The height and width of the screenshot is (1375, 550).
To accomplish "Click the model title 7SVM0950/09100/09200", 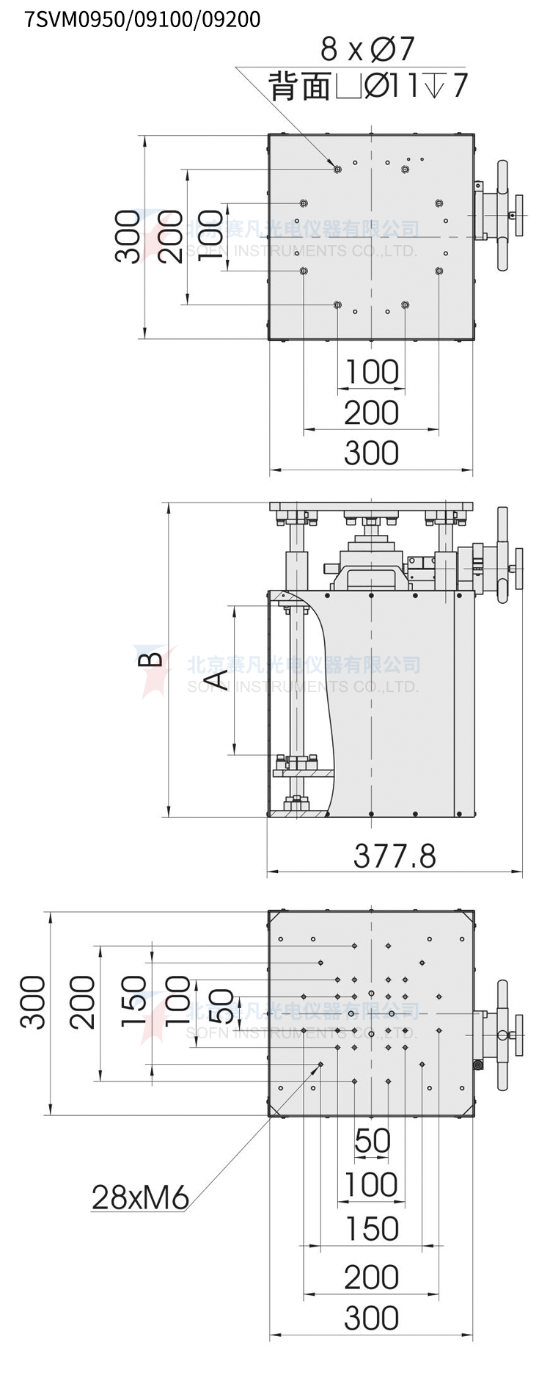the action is (142, 19).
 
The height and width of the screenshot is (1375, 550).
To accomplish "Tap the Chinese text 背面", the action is (301, 86).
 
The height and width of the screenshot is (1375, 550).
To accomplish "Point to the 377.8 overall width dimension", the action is (395, 856).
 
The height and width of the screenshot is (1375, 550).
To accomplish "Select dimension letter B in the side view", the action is (151, 658).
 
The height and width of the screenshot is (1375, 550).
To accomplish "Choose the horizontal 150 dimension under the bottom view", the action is (372, 1229).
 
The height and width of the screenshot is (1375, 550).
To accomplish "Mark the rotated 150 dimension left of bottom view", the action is (134, 1002).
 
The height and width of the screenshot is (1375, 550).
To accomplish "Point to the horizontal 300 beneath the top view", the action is (372, 453).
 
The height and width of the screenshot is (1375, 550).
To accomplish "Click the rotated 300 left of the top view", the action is (128, 236).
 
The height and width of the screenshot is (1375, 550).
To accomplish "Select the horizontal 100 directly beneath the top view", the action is (372, 371).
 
